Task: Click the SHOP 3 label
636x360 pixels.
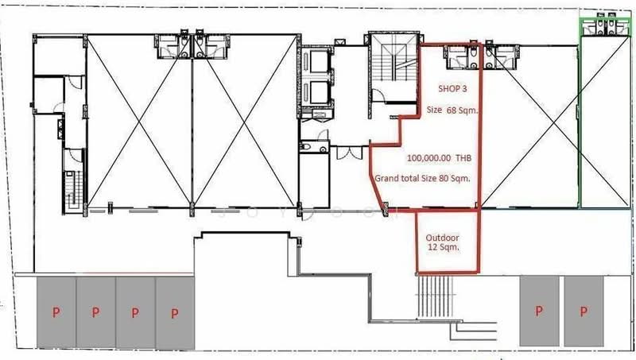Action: pyautogui.click(x=452, y=88)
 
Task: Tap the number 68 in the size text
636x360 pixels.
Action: pyautogui.click(x=452, y=110)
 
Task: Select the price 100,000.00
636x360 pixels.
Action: pyautogui.click(x=429, y=158)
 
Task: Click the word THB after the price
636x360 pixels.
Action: pyautogui.click(x=463, y=158)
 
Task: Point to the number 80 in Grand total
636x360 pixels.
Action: pyautogui.click(x=444, y=178)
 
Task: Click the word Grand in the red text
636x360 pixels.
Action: pyautogui.click(x=385, y=178)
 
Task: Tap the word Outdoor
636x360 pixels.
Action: pyautogui.click(x=442, y=238)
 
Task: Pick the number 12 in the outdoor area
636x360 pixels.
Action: pyautogui.click(x=432, y=247)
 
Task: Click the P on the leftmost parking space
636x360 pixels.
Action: pyautogui.click(x=56, y=312)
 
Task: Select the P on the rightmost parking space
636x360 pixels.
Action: pyautogui.click(x=584, y=311)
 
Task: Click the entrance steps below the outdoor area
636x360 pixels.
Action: pyautogui.click(x=435, y=296)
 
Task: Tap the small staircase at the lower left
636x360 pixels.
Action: pyautogui.click(x=73, y=190)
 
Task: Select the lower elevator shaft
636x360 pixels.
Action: pyautogui.click(x=319, y=92)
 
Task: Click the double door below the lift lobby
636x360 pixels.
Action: pyautogui.click(x=349, y=153)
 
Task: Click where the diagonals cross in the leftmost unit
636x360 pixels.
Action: pyautogui.click(x=138, y=121)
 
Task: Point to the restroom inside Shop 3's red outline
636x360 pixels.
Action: pyautogui.click(x=462, y=56)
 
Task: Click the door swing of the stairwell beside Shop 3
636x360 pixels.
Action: pyautogui.click(x=378, y=96)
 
